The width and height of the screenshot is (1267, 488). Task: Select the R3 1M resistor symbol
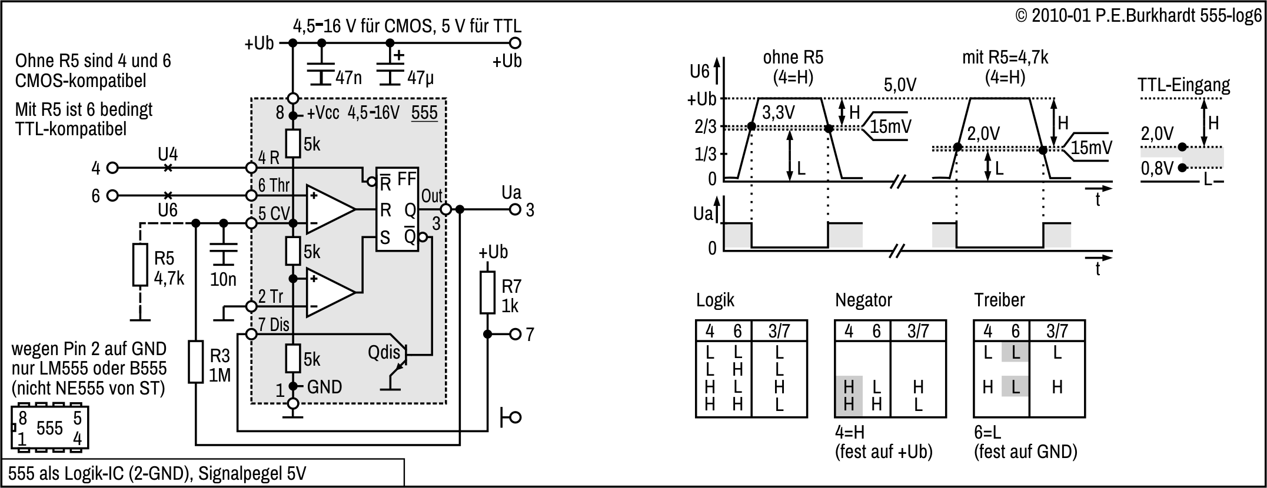196,361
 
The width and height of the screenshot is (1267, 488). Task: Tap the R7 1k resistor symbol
487,292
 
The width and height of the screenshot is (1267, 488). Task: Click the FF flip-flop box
398,209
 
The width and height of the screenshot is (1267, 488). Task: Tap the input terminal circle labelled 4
112,168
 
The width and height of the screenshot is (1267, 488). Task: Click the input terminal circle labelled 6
112,195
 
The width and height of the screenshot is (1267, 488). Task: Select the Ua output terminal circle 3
515,209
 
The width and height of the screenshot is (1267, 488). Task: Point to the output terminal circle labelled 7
515,335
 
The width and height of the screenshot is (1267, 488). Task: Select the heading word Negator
863,300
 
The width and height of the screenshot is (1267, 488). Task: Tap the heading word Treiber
999,300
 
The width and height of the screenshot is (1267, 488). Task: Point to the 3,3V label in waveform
779,112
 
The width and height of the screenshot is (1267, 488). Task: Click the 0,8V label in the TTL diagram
1157,169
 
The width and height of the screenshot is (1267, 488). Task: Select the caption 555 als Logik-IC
157,473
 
